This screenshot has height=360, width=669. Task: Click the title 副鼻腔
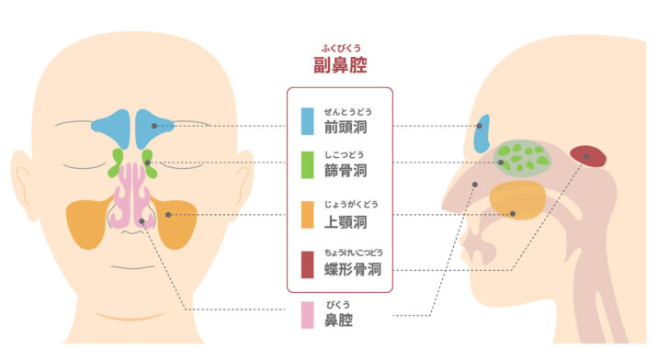339,64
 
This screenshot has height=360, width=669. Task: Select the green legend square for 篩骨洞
309,167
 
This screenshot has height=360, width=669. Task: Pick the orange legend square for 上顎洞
309,216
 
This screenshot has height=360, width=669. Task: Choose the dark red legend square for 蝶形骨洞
309,265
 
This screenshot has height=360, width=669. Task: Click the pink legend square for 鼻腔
309,317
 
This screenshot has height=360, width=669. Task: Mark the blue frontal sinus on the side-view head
480,134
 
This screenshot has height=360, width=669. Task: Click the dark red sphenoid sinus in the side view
588,156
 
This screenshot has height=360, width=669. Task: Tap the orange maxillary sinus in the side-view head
517,199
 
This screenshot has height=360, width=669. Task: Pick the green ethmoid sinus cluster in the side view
521,157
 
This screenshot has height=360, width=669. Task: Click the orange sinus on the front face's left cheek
85,224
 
